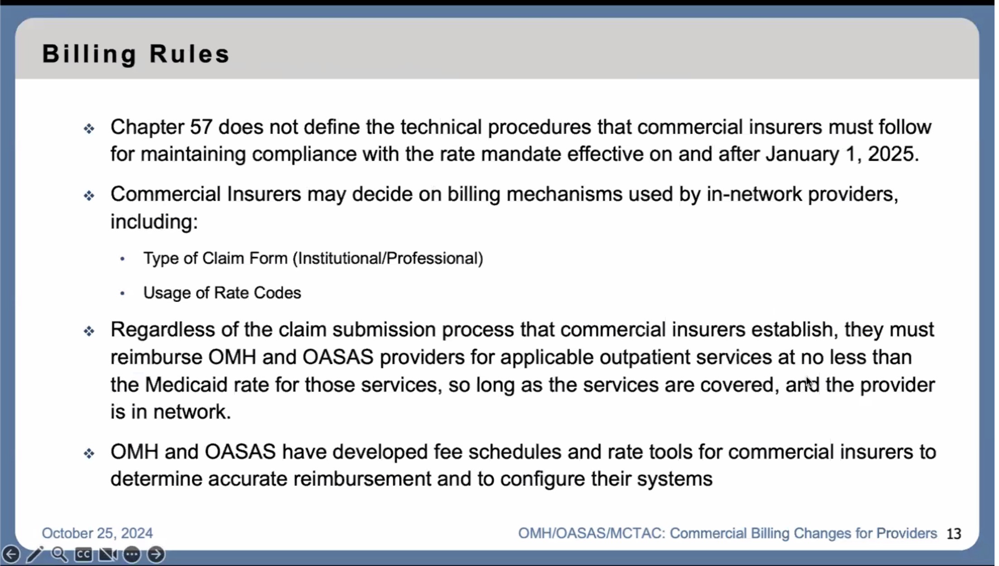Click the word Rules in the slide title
pyautogui.click(x=190, y=53)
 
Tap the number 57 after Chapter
pyautogui.click(x=201, y=127)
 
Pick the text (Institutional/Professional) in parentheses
pyautogui.click(x=388, y=259)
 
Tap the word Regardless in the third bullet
pyautogui.click(x=162, y=330)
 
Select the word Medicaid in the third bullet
pyautogui.click(x=186, y=385)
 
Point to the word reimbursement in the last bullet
pyautogui.click(x=362, y=479)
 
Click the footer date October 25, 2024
pyautogui.click(x=97, y=533)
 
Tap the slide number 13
pyautogui.click(x=954, y=534)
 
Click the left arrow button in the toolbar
pyautogui.click(x=11, y=554)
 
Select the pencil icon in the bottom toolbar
pyautogui.click(x=35, y=554)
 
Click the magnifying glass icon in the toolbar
pyautogui.click(x=59, y=554)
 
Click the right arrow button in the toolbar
pyautogui.click(x=156, y=554)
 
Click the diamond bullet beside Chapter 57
pyautogui.click(x=89, y=129)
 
